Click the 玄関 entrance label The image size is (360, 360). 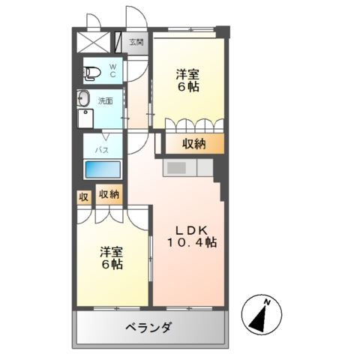136,42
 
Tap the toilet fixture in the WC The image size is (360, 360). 91,73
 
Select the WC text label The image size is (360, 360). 112,70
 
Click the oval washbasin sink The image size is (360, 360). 83,98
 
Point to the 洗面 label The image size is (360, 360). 105,101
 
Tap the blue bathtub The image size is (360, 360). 103,169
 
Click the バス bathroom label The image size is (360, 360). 102,150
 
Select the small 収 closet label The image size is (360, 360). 84,197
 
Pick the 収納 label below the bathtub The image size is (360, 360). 109,194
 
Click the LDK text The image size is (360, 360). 192,230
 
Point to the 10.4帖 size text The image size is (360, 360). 192,242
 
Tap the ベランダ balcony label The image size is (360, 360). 148,327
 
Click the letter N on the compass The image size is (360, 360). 267,302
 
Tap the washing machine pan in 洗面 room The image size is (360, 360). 85,118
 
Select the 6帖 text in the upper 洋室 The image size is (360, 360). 188,86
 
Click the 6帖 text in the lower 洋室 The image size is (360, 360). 112,264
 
